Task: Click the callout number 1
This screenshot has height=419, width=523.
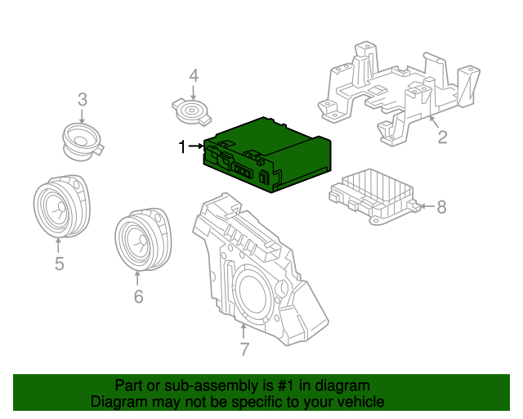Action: coord(182,146)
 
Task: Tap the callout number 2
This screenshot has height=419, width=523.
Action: coord(442,137)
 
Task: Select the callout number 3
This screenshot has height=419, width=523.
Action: coord(83,100)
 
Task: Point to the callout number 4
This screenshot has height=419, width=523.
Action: coord(194,76)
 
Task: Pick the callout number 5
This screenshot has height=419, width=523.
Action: coord(60,264)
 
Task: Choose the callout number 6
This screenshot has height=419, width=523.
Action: coord(138,296)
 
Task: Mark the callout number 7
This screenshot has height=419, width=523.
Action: coord(244,349)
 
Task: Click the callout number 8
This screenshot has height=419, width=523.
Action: coord(441,207)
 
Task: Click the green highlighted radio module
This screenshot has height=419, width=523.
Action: coord(267,155)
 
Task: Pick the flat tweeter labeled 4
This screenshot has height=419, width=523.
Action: coord(192,111)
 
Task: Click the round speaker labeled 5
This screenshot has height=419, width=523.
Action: coord(62,206)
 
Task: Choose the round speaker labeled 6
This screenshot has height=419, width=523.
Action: coord(143,239)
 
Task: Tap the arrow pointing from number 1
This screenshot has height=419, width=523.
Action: coord(196,146)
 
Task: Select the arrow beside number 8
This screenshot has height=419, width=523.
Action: coord(427,206)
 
